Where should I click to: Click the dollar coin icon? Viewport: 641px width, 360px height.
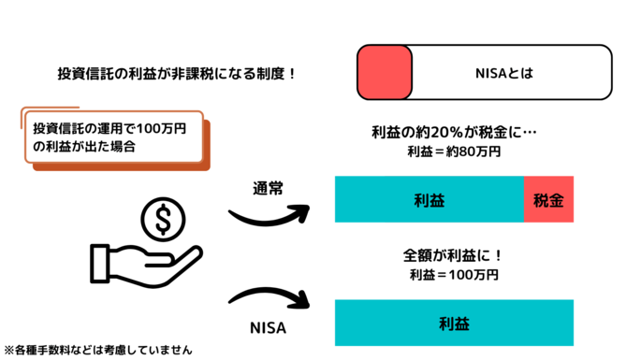(163, 221)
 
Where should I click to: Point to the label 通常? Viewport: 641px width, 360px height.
(268, 186)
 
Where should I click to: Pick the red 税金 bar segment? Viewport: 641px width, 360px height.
(547, 199)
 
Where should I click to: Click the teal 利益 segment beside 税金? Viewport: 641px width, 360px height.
(429, 199)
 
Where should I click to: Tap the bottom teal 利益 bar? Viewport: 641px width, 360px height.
(454, 324)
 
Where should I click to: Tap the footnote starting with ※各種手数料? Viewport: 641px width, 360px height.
(97, 350)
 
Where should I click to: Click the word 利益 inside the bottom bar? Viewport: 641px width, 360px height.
(454, 324)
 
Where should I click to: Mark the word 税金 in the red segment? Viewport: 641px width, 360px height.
(547, 199)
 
